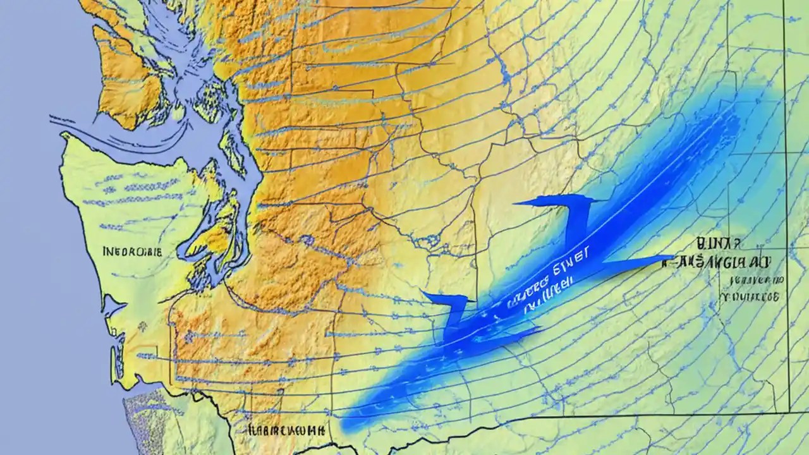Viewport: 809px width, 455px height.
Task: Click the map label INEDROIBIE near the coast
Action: pyautogui.click(x=132, y=252)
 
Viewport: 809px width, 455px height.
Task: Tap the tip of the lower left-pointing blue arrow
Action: pyautogui.click(x=423, y=293)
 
